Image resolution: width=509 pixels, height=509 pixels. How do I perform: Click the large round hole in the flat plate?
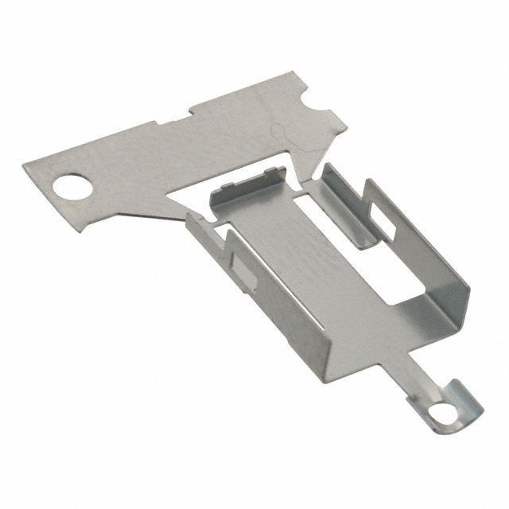point(73,188)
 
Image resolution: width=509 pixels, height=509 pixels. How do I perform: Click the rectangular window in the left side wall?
point(243,271)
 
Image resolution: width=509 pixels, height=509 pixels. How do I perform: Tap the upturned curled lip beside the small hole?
point(469,401)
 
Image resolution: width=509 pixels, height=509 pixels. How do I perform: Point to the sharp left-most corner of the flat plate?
point(25,163)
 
